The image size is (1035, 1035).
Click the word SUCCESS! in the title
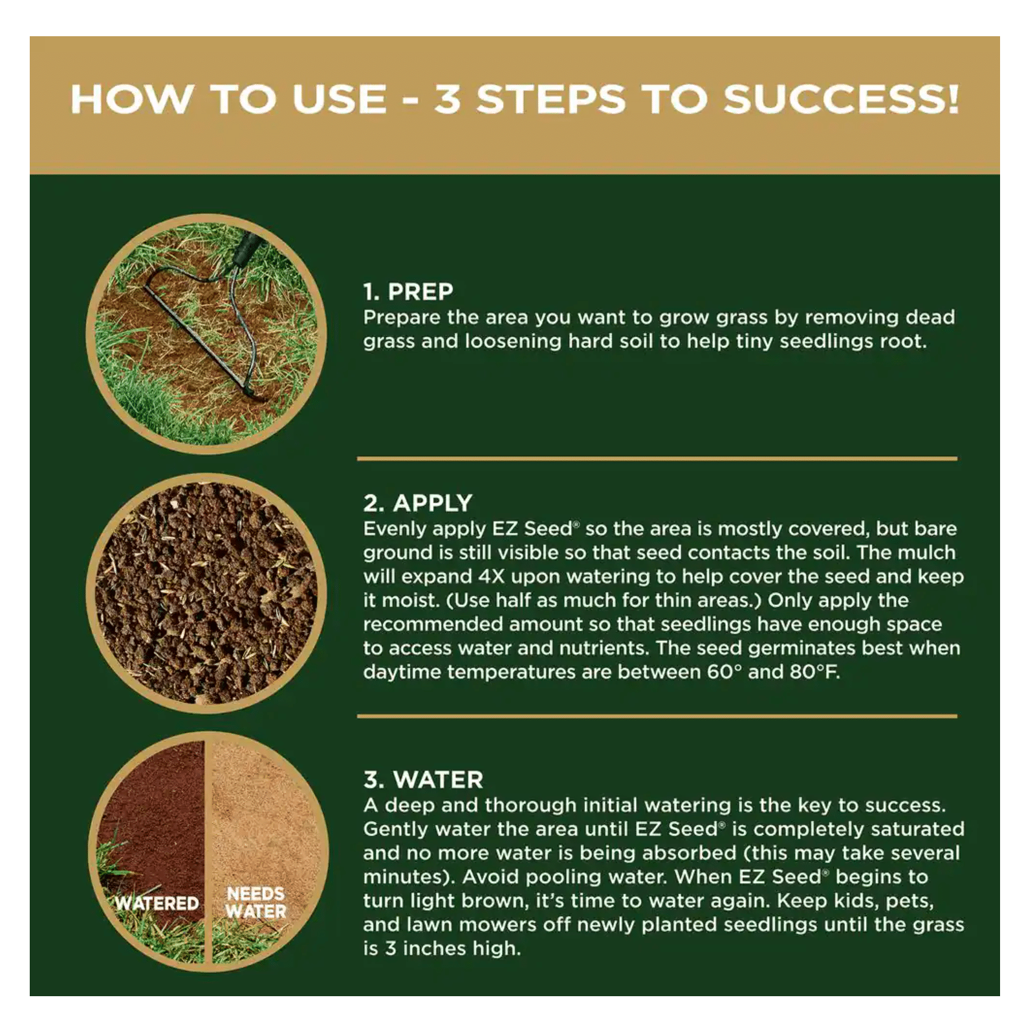click(x=841, y=100)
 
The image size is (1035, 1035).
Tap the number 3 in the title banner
click(x=447, y=100)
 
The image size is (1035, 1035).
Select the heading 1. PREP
click(x=408, y=292)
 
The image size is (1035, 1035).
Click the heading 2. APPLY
click(x=418, y=503)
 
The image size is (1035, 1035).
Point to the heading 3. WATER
click(x=423, y=779)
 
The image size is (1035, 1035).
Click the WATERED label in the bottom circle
click(x=157, y=903)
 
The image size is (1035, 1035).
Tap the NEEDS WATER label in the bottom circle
click(x=256, y=902)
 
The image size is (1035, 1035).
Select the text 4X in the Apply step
click(x=492, y=576)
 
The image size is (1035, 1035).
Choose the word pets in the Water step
click(x=910, y=902)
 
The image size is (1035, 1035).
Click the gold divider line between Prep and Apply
click(x=657, y=459)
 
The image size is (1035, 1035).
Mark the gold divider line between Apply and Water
click(x=657, y=716)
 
